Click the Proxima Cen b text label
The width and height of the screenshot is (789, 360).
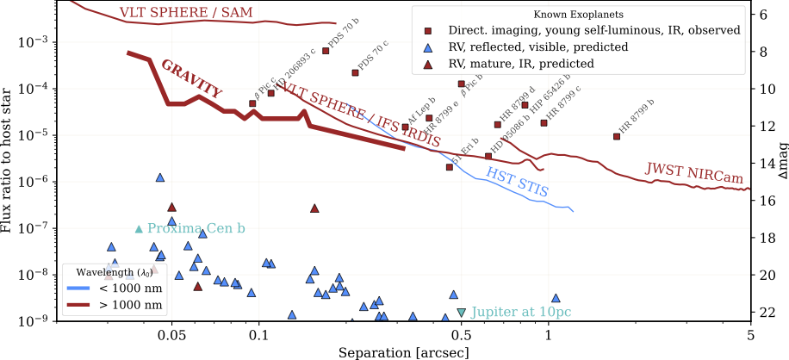[196, 228]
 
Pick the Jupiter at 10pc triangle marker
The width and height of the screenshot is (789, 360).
[462, 312]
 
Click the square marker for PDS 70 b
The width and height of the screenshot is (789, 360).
[326, 51]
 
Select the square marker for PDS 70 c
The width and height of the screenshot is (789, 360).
[355, 72]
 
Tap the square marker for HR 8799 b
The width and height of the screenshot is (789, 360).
[616, 136]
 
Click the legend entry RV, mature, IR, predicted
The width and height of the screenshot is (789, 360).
[521, 64]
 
